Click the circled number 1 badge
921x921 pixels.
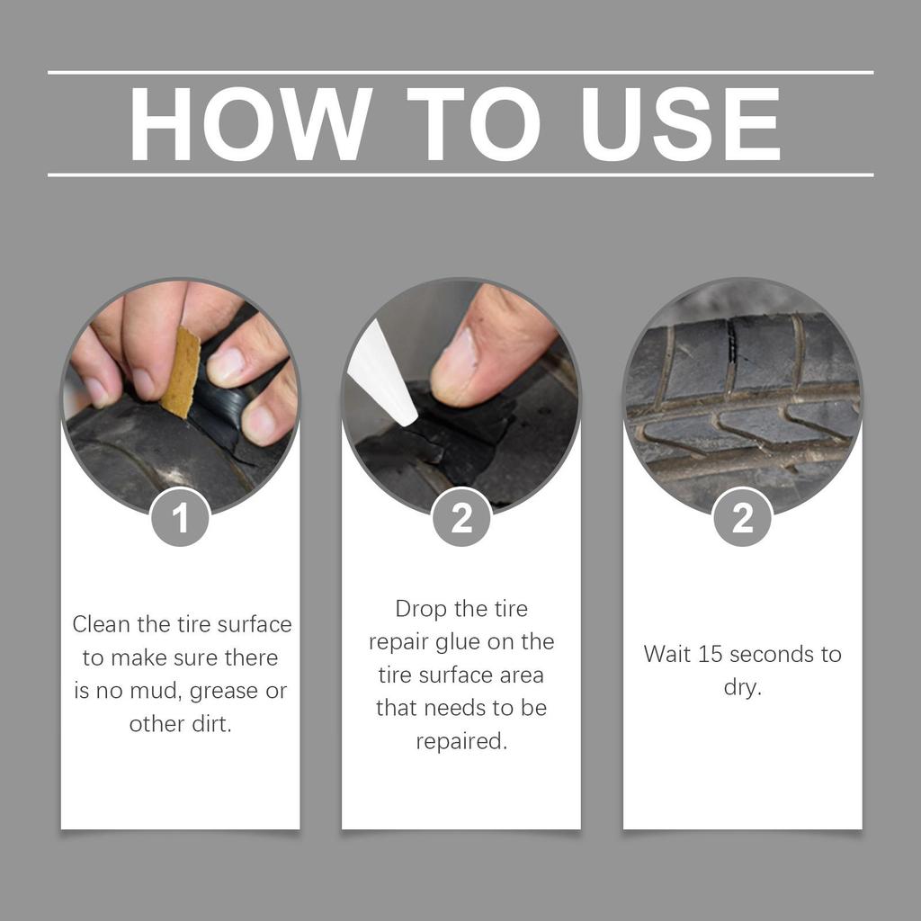181,517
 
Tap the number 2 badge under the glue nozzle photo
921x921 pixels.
461,517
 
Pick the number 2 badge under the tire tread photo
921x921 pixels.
742,517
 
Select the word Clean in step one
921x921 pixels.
102,624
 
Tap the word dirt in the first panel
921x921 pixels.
209,724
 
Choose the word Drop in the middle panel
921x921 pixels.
422,609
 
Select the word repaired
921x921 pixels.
461,742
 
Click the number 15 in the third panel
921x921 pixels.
711,654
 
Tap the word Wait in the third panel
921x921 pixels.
667,654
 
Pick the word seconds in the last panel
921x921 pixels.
770,654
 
